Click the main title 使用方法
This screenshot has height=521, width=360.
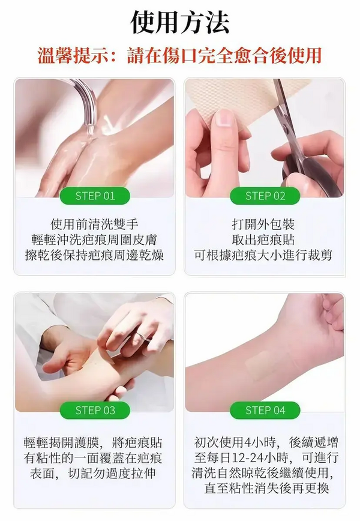(179, 22)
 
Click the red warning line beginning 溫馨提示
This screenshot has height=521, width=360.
(179, 55)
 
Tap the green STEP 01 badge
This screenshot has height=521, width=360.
(95, 196)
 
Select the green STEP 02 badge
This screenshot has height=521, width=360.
(265, 196)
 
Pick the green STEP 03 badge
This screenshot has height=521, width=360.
(95, 411)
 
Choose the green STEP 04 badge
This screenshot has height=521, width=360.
(265, 411)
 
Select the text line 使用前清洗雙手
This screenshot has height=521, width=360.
(95, 224)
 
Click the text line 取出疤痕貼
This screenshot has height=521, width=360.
(263, 239)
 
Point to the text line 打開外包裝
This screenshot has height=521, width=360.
(263, 224)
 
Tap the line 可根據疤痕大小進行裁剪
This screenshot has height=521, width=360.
(263, 255)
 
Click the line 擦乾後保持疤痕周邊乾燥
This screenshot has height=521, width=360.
(95, 255)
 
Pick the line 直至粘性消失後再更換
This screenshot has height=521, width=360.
(266, 489)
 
